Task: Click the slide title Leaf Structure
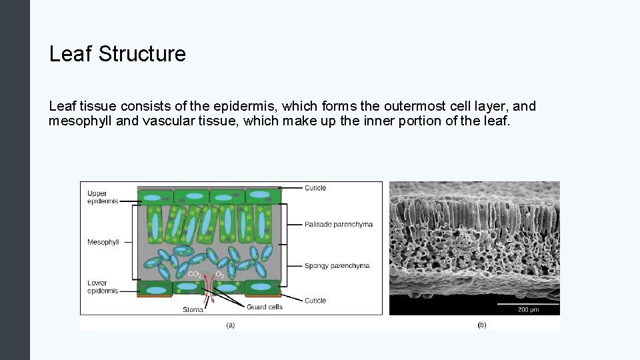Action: coord(117,54)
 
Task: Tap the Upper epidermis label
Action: coord(102,197)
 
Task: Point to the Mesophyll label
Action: coord(103,242)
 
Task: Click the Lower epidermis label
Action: coord(102,287)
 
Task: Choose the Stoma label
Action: coord(193,309)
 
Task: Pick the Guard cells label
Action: coord(265,307)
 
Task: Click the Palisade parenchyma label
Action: coord(338,225)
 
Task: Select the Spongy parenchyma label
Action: coord(337,266)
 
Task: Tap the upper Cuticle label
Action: coord(315,188)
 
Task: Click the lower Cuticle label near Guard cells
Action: coord(315,301)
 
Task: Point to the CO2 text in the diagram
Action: coord(195,275)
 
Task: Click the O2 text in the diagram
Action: coord(219,275)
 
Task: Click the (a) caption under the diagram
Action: coord(230,325)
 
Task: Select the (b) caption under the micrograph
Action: coord(481,325)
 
